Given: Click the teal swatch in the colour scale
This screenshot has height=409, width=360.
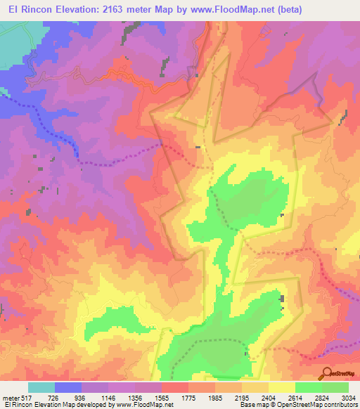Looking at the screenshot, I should (x=41, y=388).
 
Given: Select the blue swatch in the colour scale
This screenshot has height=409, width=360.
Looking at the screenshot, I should (x=68, y=388).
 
